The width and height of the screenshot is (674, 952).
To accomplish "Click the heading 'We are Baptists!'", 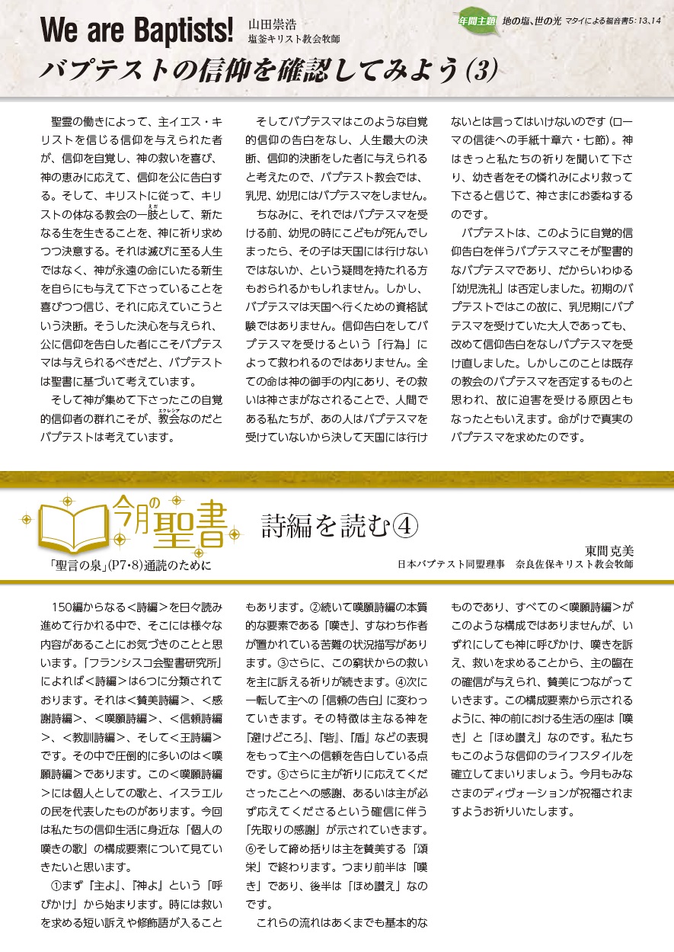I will pyautogui.click(x=136, y=30).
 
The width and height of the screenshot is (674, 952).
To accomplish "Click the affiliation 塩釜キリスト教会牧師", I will pyautogui.click(x=293, y=39).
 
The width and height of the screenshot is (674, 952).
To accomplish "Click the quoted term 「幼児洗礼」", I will pyautogui.click(x=483, y=289).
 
